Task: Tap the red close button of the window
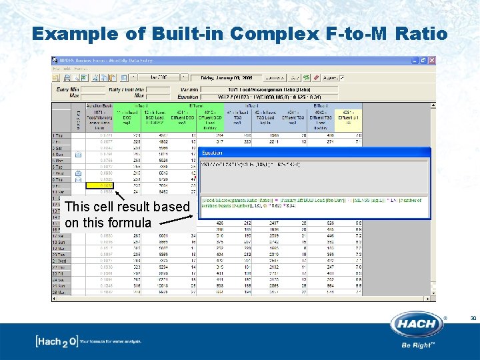tap(431, 60)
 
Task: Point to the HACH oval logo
tap(417, 325)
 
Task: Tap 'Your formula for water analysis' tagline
tap(119, 342)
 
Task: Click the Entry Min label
tap(67, 89)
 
